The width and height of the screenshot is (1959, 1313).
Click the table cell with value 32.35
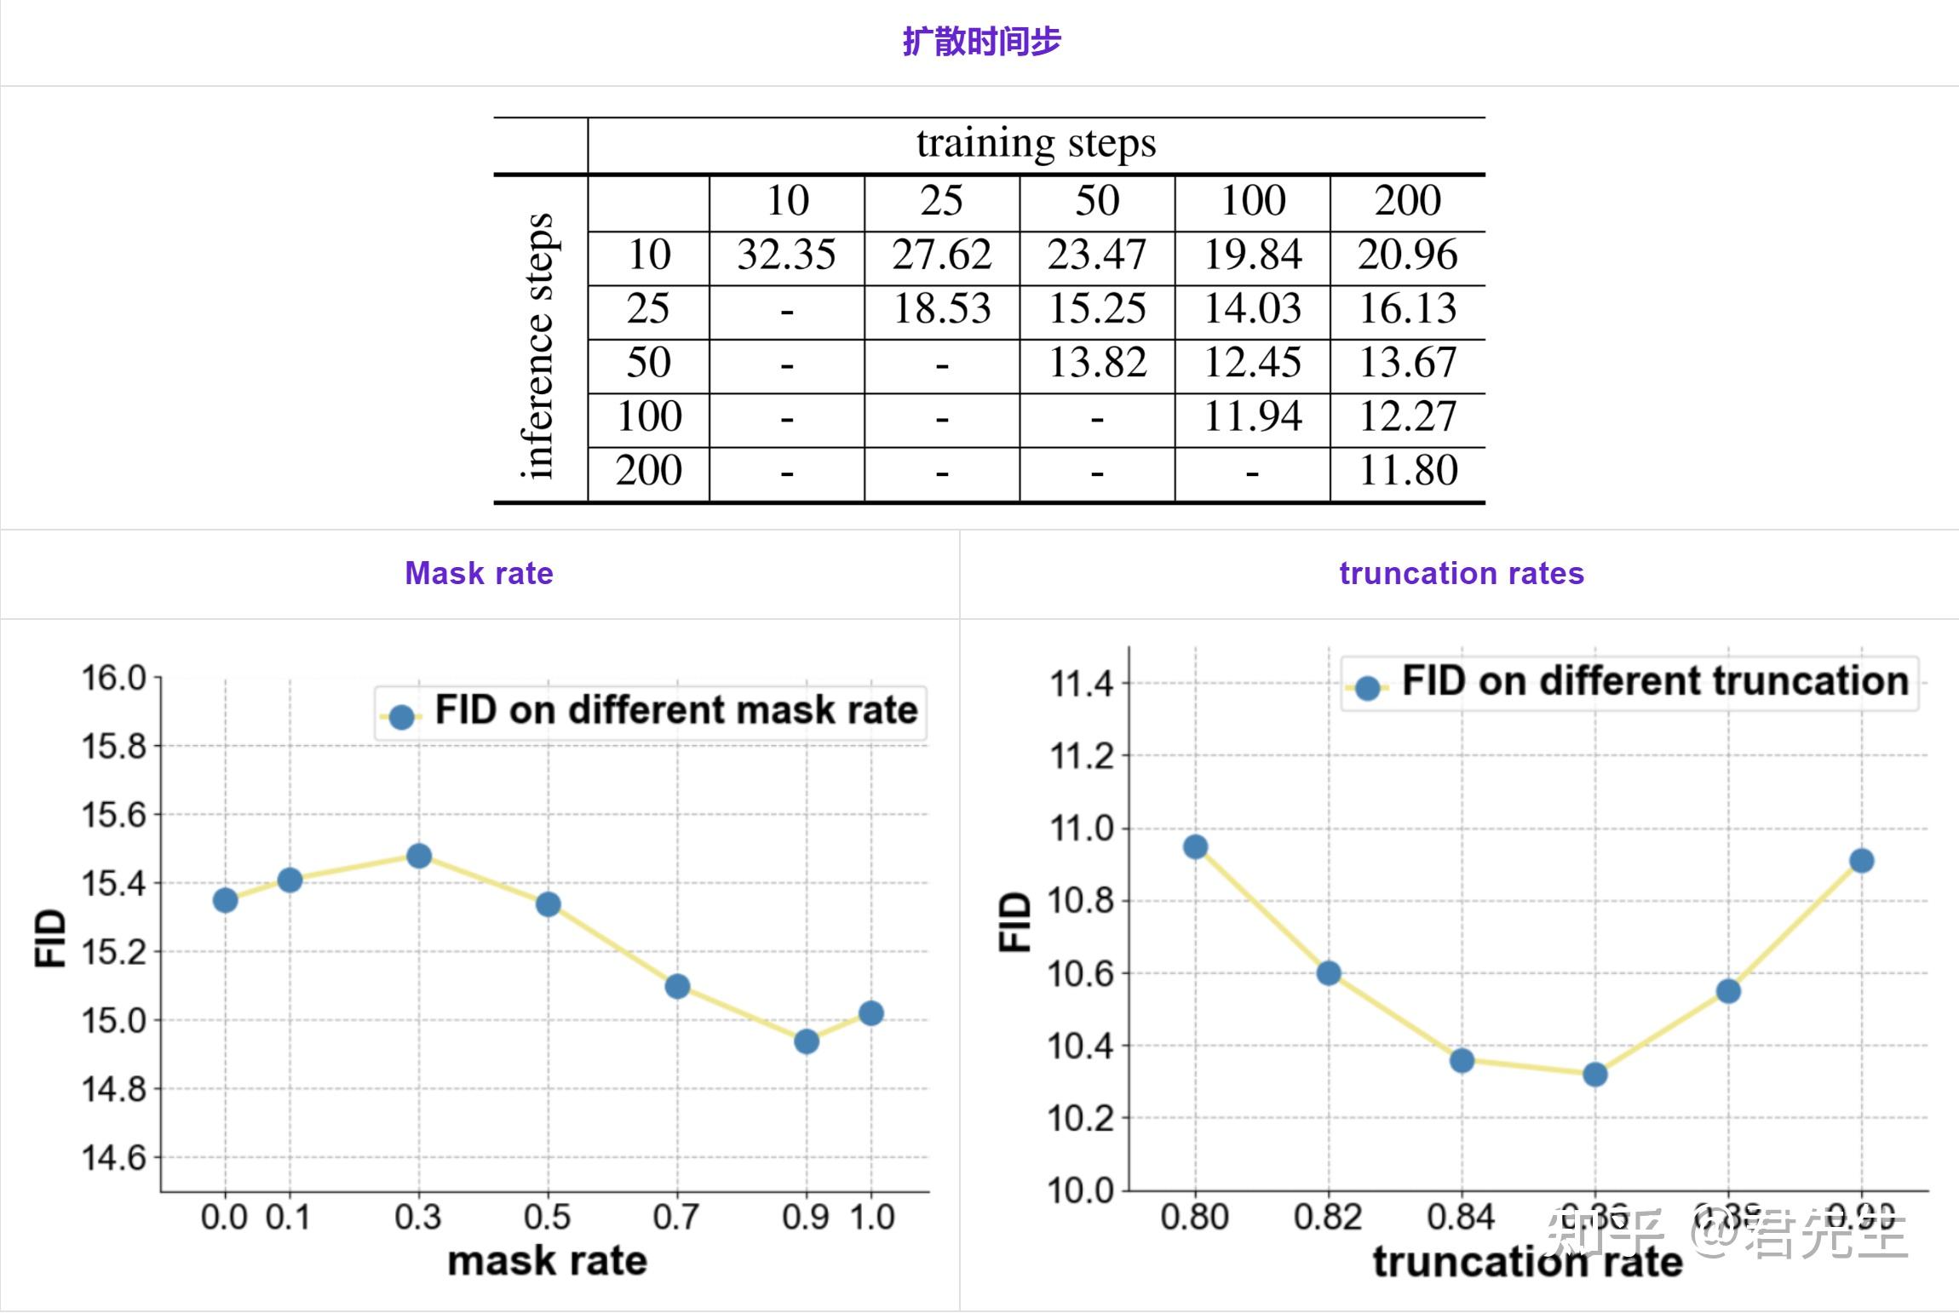point(786,255)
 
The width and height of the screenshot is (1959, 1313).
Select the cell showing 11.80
point(1408,471)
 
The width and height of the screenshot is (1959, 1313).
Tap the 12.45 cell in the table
point(1252,363)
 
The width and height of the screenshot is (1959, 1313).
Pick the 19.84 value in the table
point(1252,255)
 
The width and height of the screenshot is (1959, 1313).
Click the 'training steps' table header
point(1036,143)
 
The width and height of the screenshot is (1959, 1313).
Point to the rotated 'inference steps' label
point(538,346)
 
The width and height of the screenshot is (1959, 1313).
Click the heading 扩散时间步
point(981,41)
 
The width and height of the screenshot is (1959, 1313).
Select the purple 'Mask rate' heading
point(479,573)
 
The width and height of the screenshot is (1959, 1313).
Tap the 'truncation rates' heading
point(1462,573)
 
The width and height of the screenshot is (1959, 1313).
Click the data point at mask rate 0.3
point(419,856)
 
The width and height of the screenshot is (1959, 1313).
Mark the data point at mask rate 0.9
point(807,1041)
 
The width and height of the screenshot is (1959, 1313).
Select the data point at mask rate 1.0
point(870,1013)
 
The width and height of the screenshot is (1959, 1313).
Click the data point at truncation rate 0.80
point(1196,846)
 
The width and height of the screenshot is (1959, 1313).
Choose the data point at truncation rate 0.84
point(1462,1061)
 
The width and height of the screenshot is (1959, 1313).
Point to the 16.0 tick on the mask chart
point(113,679)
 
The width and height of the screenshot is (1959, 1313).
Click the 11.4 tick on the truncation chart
point(1082,683)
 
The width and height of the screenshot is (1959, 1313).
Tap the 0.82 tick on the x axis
point(1328,1218)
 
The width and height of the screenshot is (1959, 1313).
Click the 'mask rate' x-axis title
point(547,1261)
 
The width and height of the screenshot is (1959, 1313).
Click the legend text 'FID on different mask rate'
point(676,710)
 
